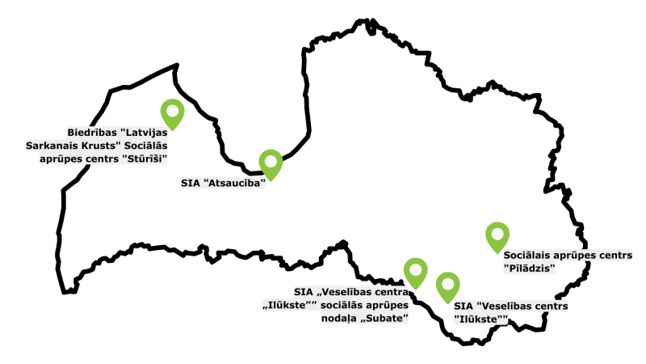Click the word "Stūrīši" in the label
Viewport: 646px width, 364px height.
146,159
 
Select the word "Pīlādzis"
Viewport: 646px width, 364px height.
529,268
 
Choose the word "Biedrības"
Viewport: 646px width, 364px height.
93,132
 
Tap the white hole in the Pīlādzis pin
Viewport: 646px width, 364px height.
497,233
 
